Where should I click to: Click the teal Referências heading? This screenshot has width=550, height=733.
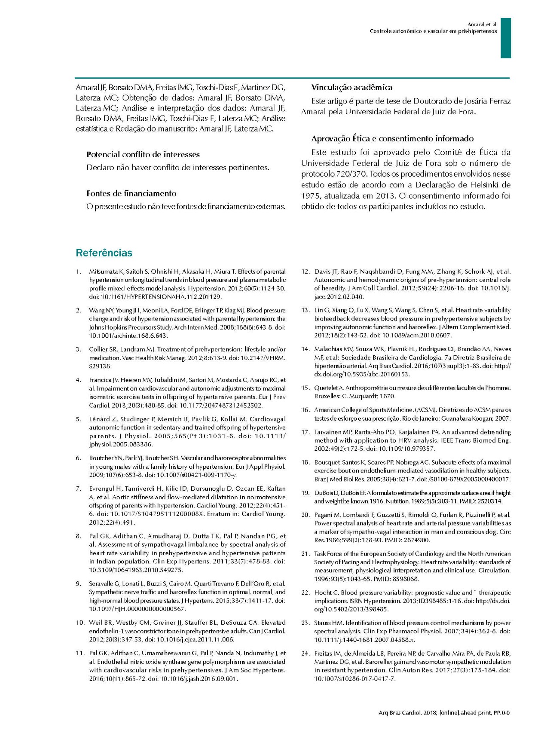tap(104, 253)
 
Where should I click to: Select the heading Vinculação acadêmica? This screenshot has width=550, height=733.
tap(351, 88)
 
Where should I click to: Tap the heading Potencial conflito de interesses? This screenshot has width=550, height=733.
tap(143, 155)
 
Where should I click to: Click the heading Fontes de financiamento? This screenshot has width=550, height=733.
tap(131, 193)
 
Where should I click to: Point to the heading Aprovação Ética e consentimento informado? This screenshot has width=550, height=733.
tap(392, 139)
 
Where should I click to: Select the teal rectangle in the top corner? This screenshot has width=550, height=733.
tap(505, 38)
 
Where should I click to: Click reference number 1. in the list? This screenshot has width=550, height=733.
tap(79, 272)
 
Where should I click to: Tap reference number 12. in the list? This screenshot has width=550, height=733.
tap(306, 272)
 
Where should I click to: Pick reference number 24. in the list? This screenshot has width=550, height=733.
tap(306, 654)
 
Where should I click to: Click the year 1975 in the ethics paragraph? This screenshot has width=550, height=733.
tap(310, 196)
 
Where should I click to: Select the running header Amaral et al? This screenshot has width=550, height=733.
tap(482, 24)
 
